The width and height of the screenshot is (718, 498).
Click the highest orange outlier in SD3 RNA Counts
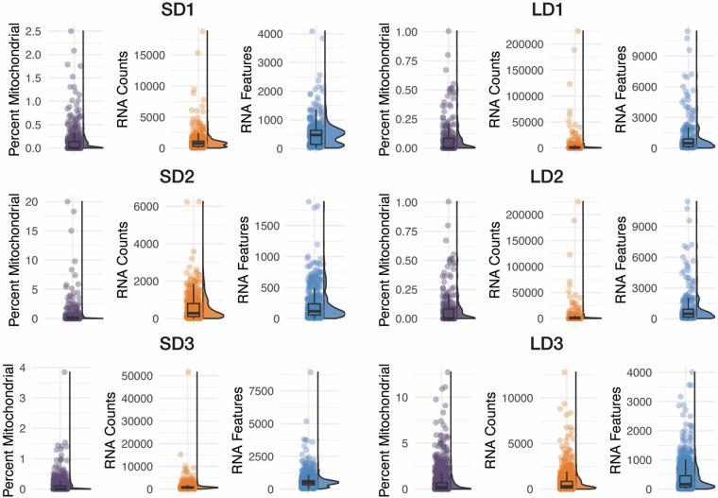pyautogui.click(x=188, y=372)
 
